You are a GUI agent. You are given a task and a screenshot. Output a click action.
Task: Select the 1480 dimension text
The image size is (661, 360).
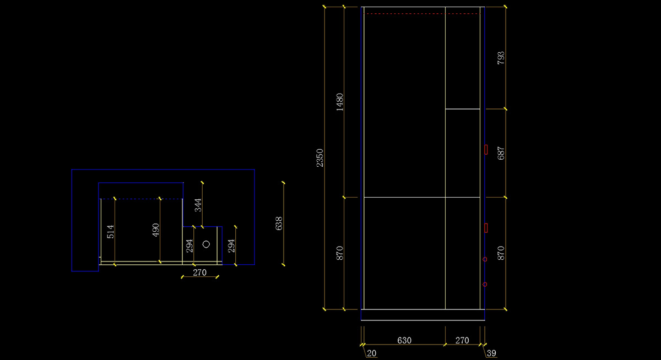pyautogui.click(x=339, y=102)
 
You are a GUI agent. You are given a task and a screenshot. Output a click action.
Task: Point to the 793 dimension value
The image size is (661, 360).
pyautogui.click(x=501, y=58)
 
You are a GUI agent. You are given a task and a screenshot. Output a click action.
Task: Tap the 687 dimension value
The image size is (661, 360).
pyautogui.click(x=501, y=153)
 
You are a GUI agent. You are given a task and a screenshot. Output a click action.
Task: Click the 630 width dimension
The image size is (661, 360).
pyautogui.click(x=404, y=340)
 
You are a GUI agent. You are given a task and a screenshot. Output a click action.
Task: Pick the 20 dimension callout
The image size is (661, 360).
pyautogui.click(x=372, y=353)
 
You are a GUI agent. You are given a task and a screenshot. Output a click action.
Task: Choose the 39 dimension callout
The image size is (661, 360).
pyautogui.click(x=492, y=353)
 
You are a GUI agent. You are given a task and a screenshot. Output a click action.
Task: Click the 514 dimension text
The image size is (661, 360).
pyautogui.click(x=110, y=231)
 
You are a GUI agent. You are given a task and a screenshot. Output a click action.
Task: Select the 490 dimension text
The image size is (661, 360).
pyautogui.click(x=155, y=230)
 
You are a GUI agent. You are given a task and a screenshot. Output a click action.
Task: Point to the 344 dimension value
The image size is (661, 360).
pyautogui.click(x=198, y=205)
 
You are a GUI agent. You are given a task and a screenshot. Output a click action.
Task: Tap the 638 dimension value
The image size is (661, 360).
pyautogui.click(x=279, y=223)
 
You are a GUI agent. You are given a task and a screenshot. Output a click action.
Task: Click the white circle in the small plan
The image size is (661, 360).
pyautogui.click(x=207, y=244)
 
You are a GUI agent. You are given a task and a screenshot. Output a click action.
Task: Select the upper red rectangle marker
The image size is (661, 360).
pyautogui.click(x=486, y=149)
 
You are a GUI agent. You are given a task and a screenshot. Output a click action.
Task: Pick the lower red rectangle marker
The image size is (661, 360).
pyautogui.click(x=486, y=228)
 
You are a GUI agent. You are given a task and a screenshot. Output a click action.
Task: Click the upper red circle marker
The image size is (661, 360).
pyautogui.click(x=485, y=259)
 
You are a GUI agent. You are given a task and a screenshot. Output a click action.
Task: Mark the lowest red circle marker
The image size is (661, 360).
pyautogui.click(x=485, y=285)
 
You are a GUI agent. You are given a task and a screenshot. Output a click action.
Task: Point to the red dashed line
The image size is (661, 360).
pyautogui.click(x=421, y=13)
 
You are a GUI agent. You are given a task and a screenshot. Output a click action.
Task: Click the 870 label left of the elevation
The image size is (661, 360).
pyautogui.click(x=339, y=253)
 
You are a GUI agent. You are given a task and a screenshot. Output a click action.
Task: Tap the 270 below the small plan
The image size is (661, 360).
pyautogui.click(x=199, y=272)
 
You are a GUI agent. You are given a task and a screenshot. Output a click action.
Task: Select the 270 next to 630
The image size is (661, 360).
pyautogui.click(x=462, y=340)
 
